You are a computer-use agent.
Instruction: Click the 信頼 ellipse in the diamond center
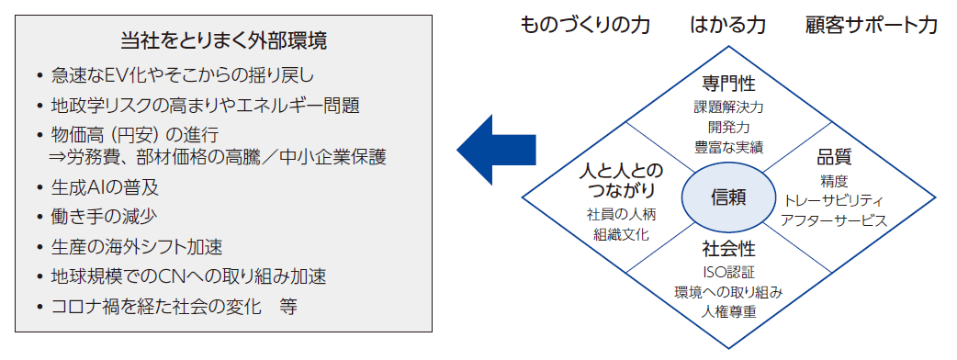[728, 197]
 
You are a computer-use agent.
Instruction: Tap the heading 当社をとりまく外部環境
[224, 41]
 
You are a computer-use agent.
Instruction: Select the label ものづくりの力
[585, 24]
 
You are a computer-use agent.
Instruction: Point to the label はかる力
[727, 24]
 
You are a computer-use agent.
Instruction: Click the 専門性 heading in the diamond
[728, 84]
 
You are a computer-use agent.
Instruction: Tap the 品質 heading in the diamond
[834, 157]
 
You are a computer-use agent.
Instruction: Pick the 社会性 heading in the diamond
[728, 249]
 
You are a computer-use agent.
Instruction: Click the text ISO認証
[728, 272]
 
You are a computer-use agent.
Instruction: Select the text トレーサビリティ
[834, 199]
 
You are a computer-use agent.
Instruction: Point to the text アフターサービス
[834, 220]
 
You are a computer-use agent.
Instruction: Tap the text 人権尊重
[728, 312]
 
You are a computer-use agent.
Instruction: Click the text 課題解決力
[728, 107]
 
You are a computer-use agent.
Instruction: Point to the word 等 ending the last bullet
[288, 305]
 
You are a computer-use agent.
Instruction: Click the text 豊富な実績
[728, 147]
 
